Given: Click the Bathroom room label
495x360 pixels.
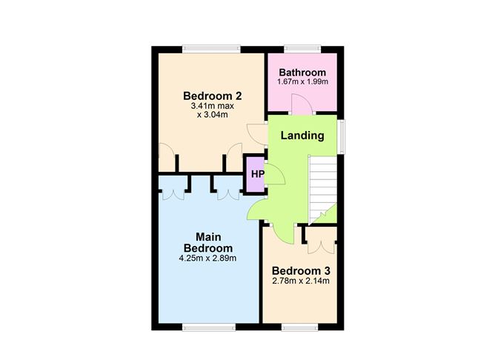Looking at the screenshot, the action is [302, 73].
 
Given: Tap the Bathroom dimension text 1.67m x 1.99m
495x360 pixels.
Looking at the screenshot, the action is [302, 81].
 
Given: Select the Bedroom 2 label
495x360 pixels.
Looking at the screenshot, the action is [213, 96].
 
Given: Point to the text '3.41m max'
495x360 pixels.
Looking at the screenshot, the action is [213, 106].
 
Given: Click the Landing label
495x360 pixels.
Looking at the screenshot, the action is [302, 136].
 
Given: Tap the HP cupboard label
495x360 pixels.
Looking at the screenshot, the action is [258, 174].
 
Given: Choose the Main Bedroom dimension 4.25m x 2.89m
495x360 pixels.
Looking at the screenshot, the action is [207, 259].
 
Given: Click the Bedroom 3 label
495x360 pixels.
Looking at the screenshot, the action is [301, 270].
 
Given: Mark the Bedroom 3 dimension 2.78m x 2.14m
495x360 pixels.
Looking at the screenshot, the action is [301, 281].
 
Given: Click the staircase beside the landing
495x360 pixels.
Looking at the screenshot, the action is [322, 190].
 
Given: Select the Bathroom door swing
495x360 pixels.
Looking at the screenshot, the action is [302, 104].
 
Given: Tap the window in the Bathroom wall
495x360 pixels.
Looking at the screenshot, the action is [302, 49].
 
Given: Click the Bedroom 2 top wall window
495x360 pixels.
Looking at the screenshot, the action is [211, 49].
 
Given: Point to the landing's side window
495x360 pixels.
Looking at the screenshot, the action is [341, 136].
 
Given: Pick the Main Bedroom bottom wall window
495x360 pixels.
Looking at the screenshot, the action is [209, 327].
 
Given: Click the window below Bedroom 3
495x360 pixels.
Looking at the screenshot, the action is [299, 327].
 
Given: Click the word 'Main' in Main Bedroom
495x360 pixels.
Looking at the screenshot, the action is [208, 237].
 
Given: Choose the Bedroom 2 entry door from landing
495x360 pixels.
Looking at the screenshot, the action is [257, 134].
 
